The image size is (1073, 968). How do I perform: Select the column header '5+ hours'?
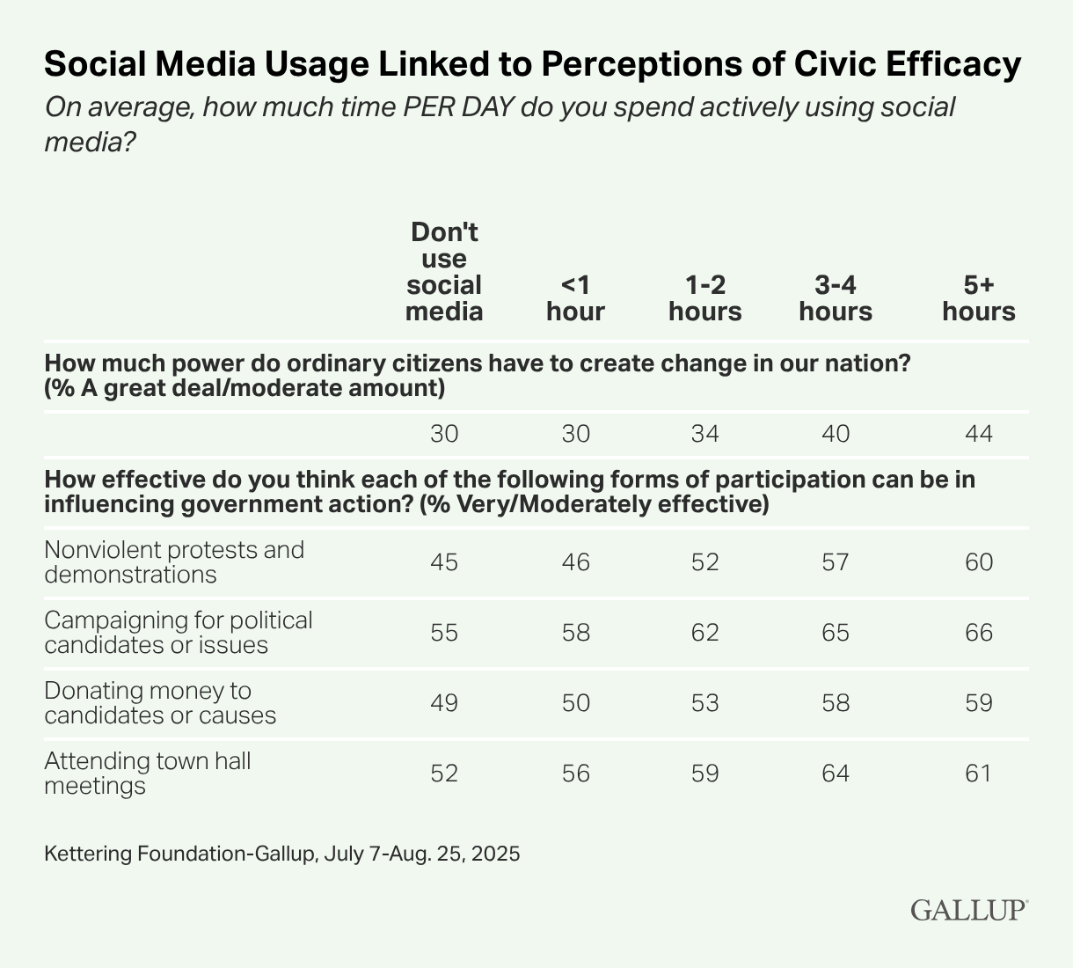979,297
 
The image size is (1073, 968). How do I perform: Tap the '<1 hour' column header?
575,297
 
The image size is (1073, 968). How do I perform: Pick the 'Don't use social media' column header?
444,272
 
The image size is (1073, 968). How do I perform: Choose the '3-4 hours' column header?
836,297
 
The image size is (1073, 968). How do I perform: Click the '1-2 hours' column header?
704,297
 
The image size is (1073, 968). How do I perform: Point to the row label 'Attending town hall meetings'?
148,773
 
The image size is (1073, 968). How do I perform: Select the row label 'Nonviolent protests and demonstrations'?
174,561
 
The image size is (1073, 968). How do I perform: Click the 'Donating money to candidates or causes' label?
160,702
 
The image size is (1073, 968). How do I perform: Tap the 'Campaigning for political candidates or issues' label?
179,632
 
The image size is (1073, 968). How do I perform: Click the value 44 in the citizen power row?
979,434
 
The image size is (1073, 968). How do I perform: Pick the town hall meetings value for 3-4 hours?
836,773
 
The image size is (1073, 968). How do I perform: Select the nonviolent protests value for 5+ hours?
979,561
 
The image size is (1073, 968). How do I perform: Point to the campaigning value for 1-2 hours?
704,632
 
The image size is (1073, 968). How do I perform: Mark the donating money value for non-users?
444,702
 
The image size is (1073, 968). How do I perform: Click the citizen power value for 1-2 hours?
704,434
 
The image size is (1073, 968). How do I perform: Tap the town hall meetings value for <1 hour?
575,773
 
